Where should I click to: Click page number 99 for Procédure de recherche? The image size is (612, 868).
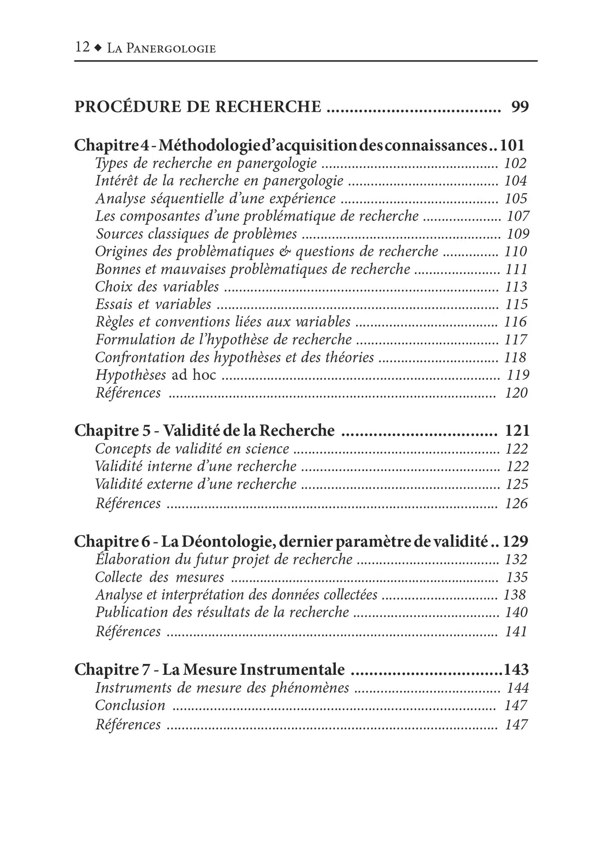pos(520,107)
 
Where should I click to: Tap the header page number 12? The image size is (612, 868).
pos(82,47)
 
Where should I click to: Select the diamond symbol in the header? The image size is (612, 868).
pos(98,48)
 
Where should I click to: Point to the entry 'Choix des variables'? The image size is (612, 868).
pos(157,287)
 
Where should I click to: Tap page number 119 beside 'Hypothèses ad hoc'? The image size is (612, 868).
pos(518,375)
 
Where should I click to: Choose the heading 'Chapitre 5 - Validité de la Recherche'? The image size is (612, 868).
pos(204,431)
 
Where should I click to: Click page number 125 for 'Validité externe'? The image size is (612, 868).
pos(517,484)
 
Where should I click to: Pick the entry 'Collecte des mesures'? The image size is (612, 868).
pos(160,577)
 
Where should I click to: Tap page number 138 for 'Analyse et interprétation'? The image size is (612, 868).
pos(515,595)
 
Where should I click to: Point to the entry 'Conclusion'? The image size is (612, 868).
pos(130,705)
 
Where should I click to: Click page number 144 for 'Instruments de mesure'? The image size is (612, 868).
pos(518,688)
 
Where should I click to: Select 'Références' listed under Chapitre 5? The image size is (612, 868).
pos(128,503)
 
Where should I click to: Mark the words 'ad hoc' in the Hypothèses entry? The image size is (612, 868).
pos(194,375)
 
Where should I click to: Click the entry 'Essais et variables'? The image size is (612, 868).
pos(153,304)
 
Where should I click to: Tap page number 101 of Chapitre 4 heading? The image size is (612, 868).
pos(512,145)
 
